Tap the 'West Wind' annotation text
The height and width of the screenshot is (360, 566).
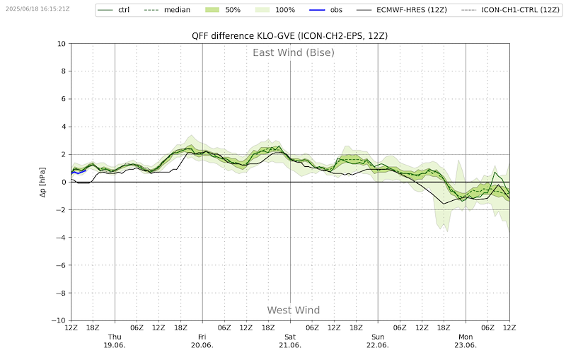tap(293, 310)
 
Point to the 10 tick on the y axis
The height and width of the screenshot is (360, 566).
tap(62, 44)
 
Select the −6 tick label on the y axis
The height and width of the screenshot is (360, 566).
tap(62, 265)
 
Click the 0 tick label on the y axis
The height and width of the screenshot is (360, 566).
tap(64, 182)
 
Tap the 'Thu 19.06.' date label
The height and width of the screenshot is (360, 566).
tap(115, 341)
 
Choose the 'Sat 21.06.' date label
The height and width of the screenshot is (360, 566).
tap(290, 341)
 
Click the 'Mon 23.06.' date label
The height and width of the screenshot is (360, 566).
tap(466, 341)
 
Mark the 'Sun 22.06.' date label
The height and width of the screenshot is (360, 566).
tap(378, 341)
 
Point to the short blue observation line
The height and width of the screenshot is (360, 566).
tap(79, 172)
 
